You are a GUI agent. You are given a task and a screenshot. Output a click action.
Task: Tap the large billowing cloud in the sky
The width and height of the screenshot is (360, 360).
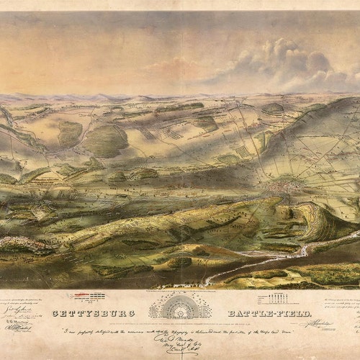pyautogui.click(x=288, y=61)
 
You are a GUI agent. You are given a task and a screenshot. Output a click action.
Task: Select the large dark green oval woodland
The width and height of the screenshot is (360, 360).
pyautogui.click(x=106, y=140)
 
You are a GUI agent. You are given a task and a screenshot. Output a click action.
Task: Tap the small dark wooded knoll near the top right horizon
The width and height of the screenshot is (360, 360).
pyautogui.click(x=274, y=109)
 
